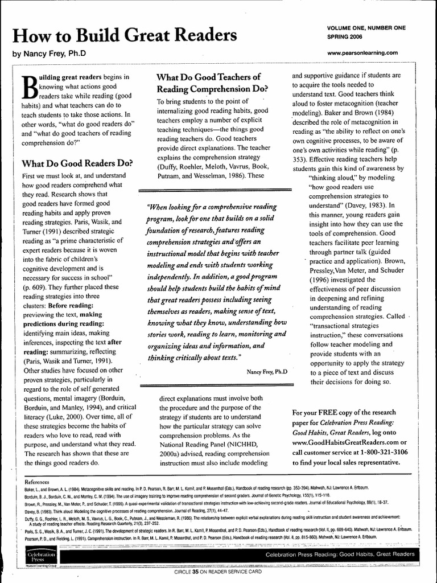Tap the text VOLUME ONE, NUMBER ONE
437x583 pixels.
(x=366, y=28)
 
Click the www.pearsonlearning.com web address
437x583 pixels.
(x=362, y=53)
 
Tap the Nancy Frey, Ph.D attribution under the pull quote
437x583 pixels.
(x=267, y=371)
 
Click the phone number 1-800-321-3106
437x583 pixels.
(x=377, y=452)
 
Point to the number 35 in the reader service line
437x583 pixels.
(x=195, y=571)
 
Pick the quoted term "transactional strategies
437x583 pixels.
(x=352, y=326)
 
